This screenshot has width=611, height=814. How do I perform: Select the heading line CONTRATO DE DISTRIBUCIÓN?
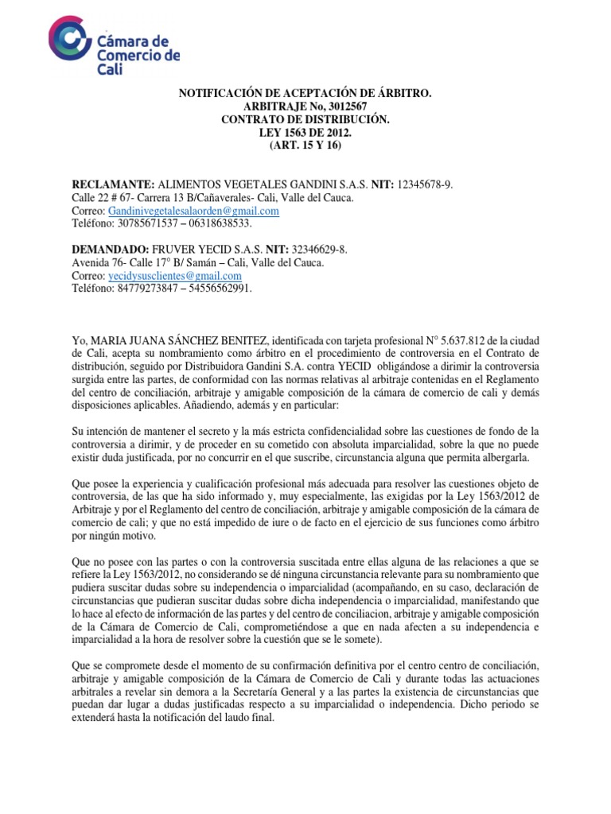[x=305, y=119]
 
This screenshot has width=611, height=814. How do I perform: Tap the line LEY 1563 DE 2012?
[x=305, y=132]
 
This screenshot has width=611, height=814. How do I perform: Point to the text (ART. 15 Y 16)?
[x=305, y=145]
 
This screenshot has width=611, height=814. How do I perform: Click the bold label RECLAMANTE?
[x=115, y=185]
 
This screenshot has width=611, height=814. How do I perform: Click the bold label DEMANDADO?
[x=113, y=250]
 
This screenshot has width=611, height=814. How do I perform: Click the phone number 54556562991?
[x=215, y=288]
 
